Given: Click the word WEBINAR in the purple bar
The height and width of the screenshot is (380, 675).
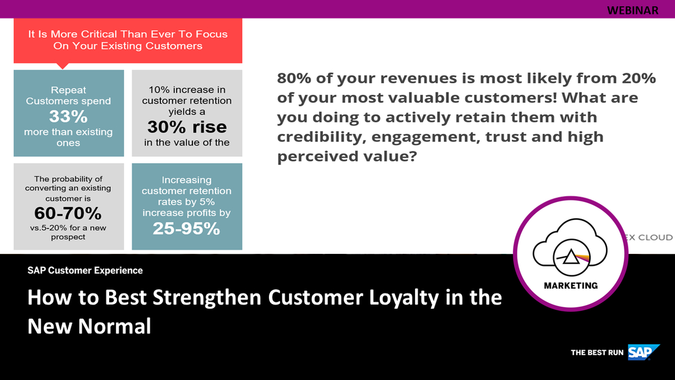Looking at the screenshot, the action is click(x=632, y=10).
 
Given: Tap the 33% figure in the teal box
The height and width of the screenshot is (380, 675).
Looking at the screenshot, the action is click(x=69, y=117).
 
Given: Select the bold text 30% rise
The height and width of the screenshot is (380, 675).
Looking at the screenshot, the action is click(x=187, y=127).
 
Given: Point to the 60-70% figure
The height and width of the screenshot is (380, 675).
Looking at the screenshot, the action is click(x=68, y=213).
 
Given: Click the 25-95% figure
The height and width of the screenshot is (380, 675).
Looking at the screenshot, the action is click(x=187, y=229).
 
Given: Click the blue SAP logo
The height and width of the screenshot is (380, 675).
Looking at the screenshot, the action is click(x=643, y=352).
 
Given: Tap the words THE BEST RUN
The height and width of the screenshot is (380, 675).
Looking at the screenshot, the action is click(x=597, y=352).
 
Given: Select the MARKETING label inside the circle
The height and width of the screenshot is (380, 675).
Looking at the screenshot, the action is click(x=571, y=285).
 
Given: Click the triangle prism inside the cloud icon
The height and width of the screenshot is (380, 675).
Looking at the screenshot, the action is click(x=571, y=257).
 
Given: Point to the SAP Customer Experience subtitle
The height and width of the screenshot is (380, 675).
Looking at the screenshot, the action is click(x=85, y=270).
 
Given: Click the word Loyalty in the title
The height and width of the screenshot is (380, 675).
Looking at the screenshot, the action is click(x=404, y=298).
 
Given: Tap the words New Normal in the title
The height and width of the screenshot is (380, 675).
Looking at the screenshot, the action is click(x=89, y=327).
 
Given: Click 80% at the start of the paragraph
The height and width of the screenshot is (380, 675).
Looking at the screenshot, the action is click(x=294, y=78).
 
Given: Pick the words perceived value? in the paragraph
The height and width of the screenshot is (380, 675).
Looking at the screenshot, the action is click(x=347, y=157).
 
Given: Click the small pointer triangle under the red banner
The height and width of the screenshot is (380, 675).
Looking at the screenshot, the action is click(x=62, y=66).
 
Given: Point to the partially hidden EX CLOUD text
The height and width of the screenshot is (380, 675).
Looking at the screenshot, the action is click(x=649, y=238).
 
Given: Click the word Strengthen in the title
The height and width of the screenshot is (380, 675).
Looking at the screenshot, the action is click(x=207, y=298).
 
